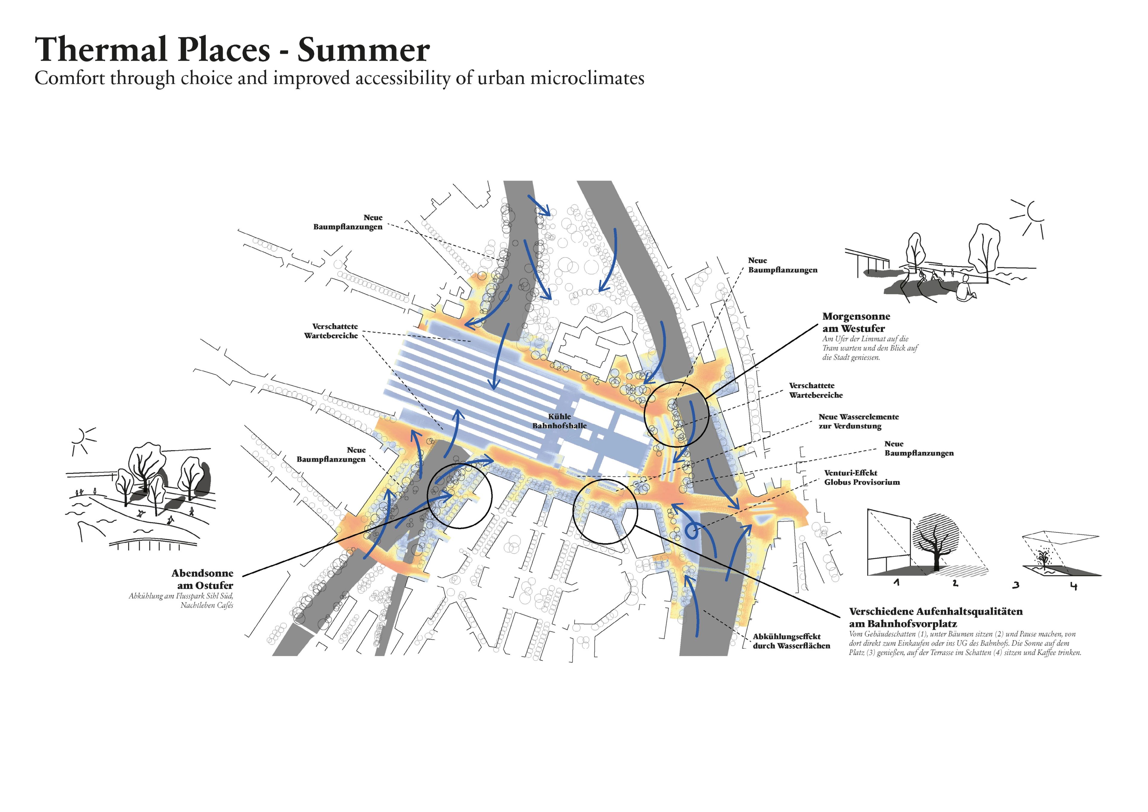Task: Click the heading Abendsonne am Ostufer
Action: (x=202, y=579)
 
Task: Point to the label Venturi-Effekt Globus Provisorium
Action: (x=862, y=477)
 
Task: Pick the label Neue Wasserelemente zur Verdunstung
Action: (x=859, y=421)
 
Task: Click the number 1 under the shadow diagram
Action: (x=897, y=583)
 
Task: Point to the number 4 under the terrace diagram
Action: (x=1074, y=586)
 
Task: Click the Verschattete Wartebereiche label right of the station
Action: (x=816, y=390)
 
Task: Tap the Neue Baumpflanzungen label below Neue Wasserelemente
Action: (x=918, y=448)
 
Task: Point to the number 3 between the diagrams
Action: (x=1016, y=585)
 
